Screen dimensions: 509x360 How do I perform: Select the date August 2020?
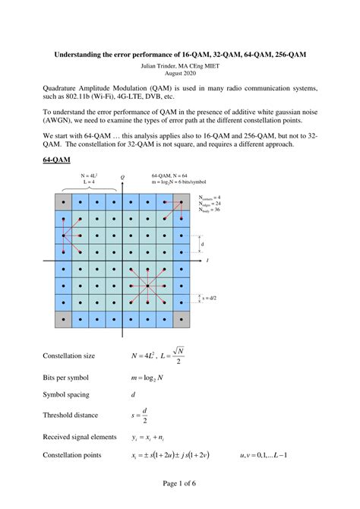(x=179, y=74)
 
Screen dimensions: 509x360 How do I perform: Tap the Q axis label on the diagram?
(x=122, y=178)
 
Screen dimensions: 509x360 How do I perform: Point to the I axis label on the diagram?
(x=207, y=261)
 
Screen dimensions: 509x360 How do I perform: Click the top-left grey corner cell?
(x=64, y=202)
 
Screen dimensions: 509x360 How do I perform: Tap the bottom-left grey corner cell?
(x=64, y=318)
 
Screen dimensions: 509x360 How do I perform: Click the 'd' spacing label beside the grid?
(x=203, y=244)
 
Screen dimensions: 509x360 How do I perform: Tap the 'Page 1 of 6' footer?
(x=179, y=484)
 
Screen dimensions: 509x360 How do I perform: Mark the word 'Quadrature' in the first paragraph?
(x=62, y=88)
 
